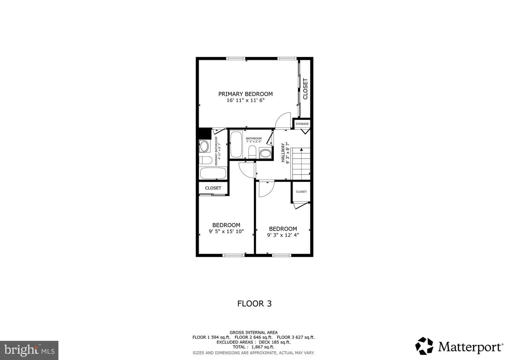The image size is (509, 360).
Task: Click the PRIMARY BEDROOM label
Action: click(245, 94)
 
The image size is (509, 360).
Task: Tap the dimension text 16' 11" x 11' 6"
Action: click(246, 100)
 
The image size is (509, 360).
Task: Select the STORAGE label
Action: click(302, 124)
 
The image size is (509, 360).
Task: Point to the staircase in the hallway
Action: click(301, 164)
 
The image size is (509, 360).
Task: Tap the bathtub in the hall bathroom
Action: click(236, 144)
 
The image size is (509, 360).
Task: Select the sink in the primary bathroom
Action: click(204, 146)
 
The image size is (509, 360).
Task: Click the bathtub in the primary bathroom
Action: click(213, 173)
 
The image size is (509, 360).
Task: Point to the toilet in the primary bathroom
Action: click(205, 160)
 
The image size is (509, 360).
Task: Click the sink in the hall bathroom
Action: click(265, 153)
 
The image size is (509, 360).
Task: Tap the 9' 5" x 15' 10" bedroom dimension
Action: click(226, 231)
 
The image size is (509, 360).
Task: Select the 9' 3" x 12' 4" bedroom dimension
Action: click(283, 235)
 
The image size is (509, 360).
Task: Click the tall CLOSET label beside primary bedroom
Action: click(305, 89)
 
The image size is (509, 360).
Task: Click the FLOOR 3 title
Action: click(255, 304)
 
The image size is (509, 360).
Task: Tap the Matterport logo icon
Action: click(424, 346)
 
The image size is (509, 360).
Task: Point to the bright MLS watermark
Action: click(29, 350)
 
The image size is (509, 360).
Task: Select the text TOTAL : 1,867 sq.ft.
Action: click(253, 347)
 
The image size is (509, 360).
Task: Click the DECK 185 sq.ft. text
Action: click(275, 342)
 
